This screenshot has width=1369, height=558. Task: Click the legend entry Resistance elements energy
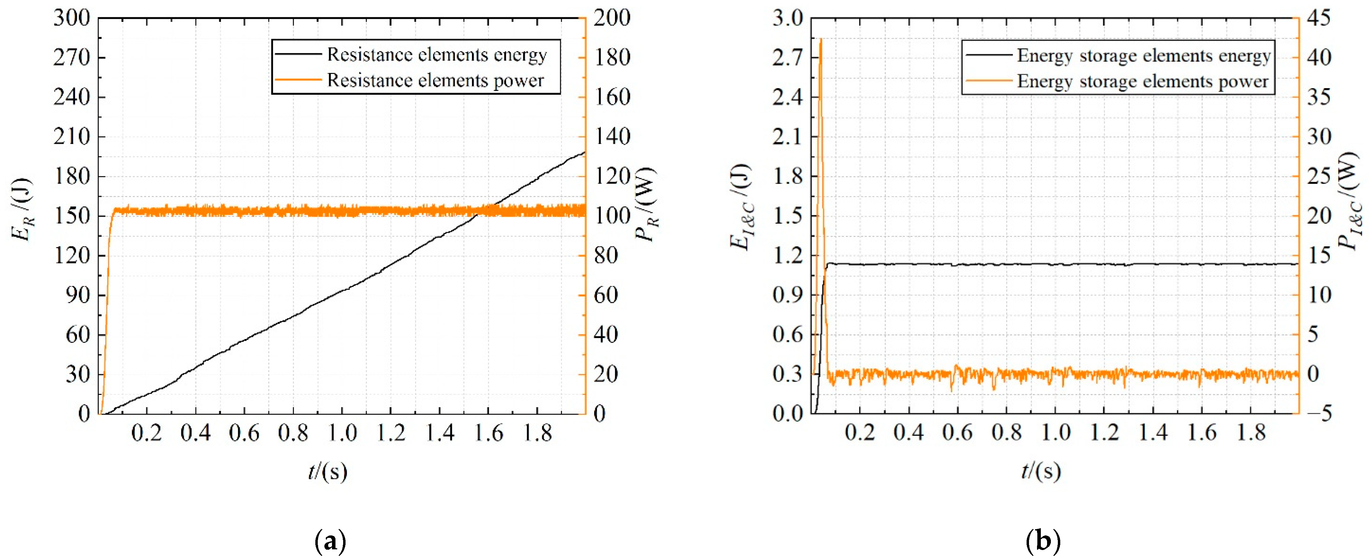click(x=437, y=55)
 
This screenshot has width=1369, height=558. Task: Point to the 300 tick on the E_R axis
click(x=72, y=19)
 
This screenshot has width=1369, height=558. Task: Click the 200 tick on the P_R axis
click(x=611, y=19)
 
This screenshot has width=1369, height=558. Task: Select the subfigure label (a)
click(x=330, y=542)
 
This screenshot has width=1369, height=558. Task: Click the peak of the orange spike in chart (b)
click(x=821, y=39)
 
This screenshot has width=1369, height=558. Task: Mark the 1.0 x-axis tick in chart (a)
click(x=342, y=433)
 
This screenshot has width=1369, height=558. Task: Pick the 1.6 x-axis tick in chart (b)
click(x=1202, y=433)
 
